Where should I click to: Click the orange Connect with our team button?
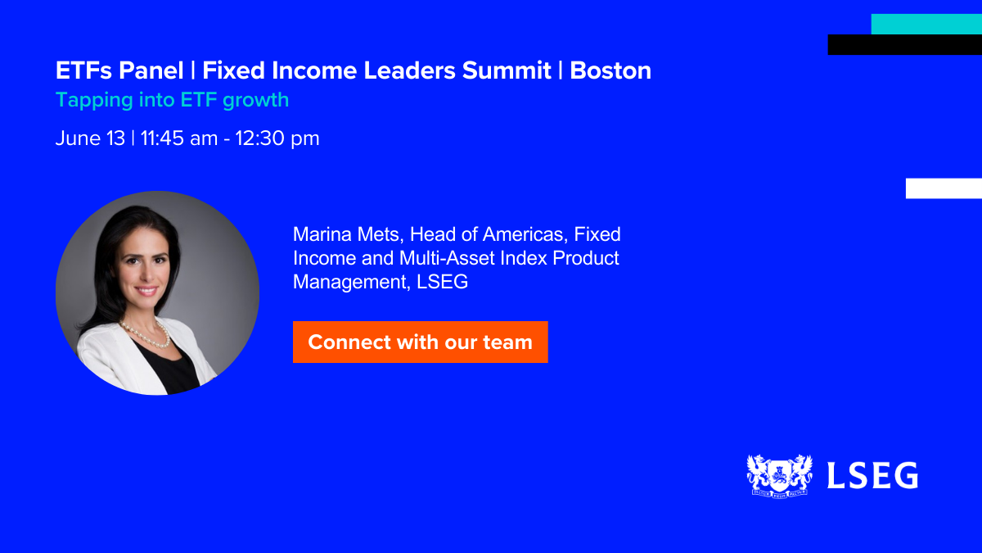[421, 342]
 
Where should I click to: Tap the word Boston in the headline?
[610, 70]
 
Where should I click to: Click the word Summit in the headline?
[507, 70]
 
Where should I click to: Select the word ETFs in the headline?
[83, 70]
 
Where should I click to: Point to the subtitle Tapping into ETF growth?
[173, 100]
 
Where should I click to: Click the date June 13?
[90, 138]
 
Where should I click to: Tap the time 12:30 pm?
[277, 138]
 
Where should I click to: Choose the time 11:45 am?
[179, 138]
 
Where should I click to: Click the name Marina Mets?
[348, 234]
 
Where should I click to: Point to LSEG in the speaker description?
[443, 282]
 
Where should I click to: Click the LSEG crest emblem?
[779, 476]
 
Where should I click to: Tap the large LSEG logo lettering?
[872, 475]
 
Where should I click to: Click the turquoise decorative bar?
[926, 24]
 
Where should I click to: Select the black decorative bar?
[905, 45]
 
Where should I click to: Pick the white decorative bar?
[944, 188]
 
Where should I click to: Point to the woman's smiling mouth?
[146, 291]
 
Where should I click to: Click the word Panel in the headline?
[151, 70]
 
